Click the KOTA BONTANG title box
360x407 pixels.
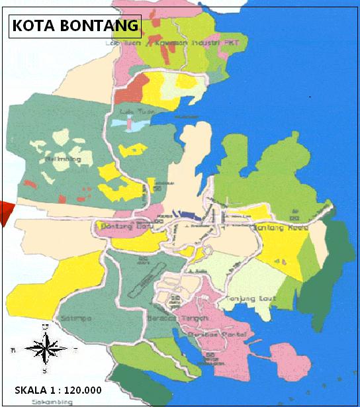(75, 26)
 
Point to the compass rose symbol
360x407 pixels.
(45, 348)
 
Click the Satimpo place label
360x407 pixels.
(75, 318)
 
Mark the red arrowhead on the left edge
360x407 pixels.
(6, 213)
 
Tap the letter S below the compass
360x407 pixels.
(45, 370)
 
